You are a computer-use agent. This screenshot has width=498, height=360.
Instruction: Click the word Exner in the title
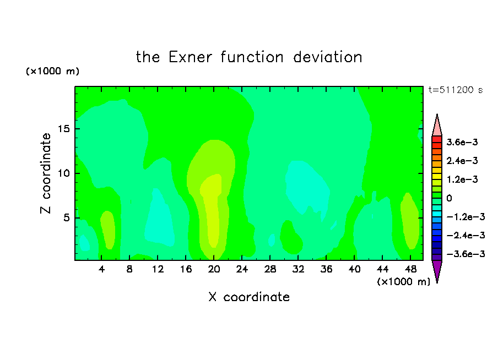point(190,57)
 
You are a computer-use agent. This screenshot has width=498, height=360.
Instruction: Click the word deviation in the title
point(328,57)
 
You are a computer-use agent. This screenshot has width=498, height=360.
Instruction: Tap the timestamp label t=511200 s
point(456,90)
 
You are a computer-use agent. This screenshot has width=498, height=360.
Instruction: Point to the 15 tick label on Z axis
point(63,129)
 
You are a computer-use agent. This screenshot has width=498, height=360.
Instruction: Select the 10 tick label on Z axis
point(63,173)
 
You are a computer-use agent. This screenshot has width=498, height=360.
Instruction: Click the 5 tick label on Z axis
point(66,218)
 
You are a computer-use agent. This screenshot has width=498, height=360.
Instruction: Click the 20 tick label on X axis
point(214,270)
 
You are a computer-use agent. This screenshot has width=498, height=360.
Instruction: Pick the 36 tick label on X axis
point(326,270)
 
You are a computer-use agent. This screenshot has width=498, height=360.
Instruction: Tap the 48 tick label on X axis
point(410,270)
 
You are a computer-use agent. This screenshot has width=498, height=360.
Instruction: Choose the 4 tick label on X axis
point(101,270)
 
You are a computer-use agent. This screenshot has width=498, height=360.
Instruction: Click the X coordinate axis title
point(249,297)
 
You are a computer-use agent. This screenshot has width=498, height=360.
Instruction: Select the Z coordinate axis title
point(46,173)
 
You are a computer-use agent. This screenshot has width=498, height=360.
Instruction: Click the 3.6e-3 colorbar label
point(462,142)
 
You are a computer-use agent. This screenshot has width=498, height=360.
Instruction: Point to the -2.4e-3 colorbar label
point(465,236)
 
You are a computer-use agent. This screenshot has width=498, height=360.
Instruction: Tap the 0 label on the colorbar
point(449,198)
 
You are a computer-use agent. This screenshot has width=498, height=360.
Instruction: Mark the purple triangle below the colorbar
point(437,270)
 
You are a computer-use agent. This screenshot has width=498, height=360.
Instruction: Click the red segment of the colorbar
point(437,139)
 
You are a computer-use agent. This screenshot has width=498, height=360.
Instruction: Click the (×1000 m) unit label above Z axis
point(52,71)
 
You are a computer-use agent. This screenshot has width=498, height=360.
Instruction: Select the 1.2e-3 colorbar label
point(462,179)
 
